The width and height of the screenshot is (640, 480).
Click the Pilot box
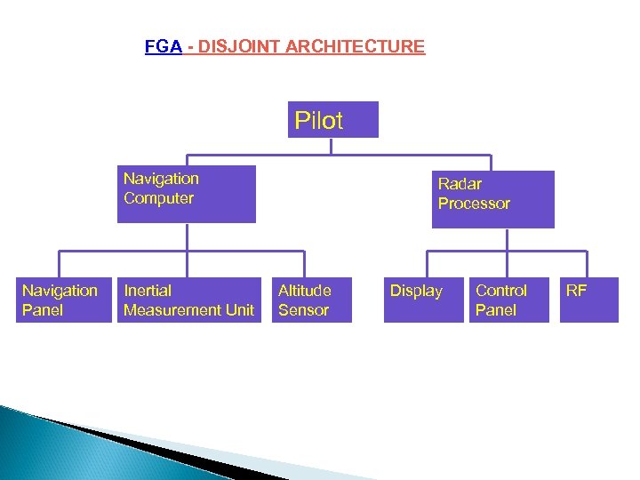click(333, 120)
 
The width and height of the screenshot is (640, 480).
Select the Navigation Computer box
click(187, 194)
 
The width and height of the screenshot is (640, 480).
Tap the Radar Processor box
click(492, 199)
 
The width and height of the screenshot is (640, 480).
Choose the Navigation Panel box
click(60, 300)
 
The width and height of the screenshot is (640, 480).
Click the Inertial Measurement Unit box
click(189, 300)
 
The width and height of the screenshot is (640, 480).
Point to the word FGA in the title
click(164, 46)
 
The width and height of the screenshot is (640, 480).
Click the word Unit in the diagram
click(238, 310)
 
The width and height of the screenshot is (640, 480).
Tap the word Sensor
click(303, 310)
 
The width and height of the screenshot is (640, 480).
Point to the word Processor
click(474, 204)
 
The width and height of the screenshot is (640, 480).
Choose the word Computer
click(158, 198)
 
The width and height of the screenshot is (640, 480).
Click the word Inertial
click(148, 291)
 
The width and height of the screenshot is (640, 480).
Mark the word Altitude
click(305, 291)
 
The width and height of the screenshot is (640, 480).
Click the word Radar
click(460, 184)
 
